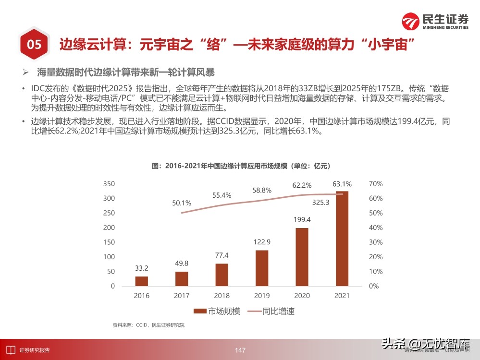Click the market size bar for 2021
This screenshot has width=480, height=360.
[342, 239]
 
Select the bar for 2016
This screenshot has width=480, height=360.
[142, 281]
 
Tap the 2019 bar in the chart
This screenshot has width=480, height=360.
[262, 268]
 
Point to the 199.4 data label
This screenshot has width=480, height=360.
[302, 220]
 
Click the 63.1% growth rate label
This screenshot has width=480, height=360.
[342, 184]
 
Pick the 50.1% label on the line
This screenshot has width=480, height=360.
[182, 203]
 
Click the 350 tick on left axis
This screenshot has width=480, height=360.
[110, 184]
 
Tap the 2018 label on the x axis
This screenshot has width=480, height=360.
[222, 296]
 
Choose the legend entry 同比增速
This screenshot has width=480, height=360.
[273, 311]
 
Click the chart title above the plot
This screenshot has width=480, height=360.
[241, 166]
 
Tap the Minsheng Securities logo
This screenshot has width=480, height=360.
[435, 22]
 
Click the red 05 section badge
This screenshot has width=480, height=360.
[34, 45]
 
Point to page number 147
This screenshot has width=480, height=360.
[240, 350]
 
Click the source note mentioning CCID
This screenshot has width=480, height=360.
[148, 325]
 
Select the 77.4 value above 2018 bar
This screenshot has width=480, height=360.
[222, 255]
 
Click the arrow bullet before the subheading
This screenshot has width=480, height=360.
[26, 72]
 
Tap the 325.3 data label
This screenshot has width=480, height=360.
[320, 203]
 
